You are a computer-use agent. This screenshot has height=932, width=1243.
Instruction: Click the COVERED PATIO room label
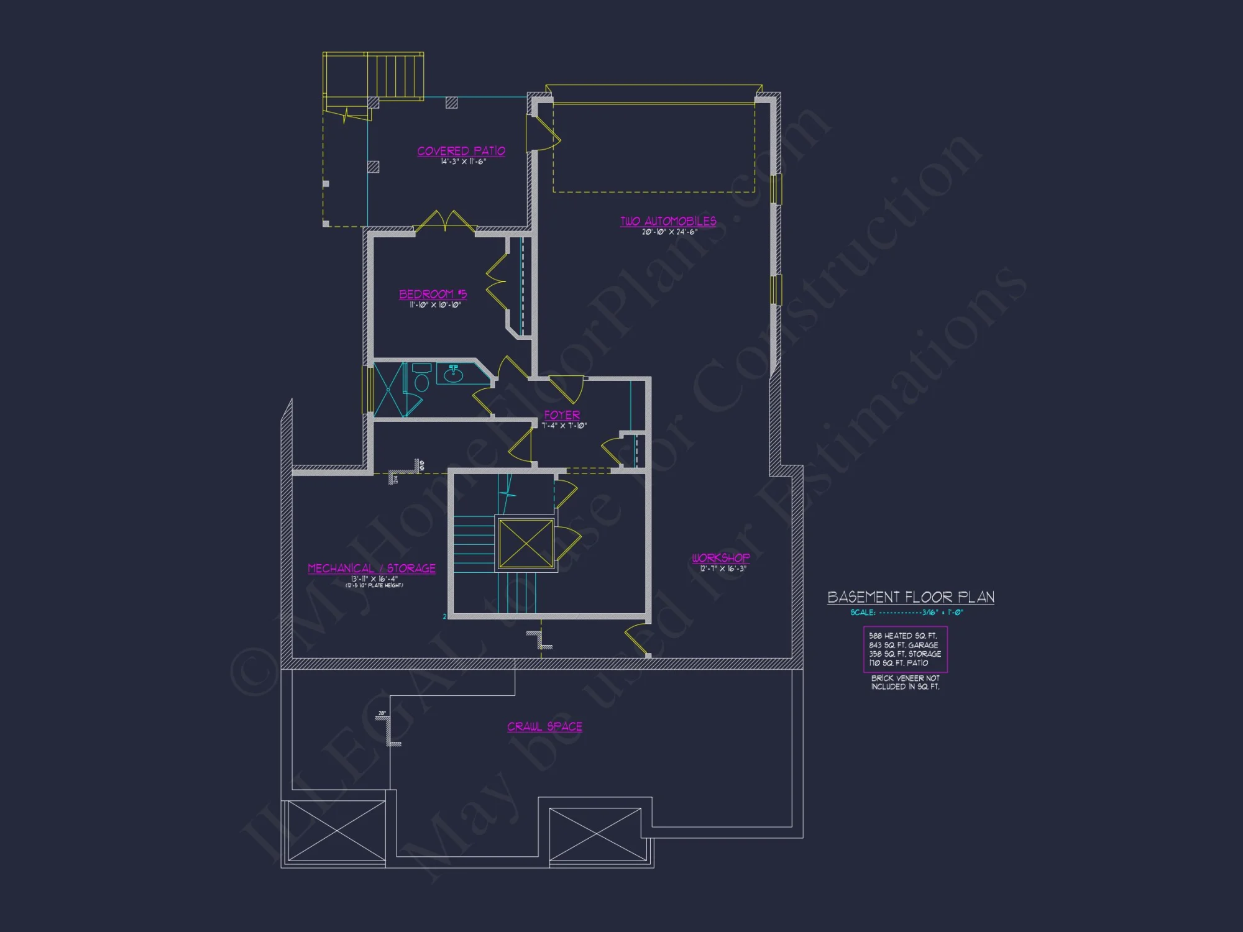click(x=461, y=151)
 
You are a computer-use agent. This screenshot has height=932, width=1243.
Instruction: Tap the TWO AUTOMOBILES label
click(x=668, y=221)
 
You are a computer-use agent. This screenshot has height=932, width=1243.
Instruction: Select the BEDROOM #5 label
click(x=433, y=294)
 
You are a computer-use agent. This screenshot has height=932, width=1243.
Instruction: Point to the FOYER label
click(x=562, y=415)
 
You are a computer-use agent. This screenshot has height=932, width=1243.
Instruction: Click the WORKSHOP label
click(x=721, y=558)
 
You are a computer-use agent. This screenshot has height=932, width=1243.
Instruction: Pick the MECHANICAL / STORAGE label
click(x=372, y=569)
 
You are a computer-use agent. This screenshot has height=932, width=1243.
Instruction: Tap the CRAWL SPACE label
click(x=544, y=726)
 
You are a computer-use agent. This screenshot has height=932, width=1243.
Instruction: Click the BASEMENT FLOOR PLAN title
click(x=910, y=597)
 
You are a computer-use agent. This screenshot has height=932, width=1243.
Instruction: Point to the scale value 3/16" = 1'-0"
click(x=942, y=613)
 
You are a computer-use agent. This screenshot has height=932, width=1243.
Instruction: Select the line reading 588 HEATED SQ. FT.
click(x=902, y=636)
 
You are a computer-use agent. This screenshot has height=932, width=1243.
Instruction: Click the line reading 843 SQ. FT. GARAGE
click(x=903, y=645)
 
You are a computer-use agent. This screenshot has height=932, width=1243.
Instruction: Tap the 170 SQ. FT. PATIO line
click(x=898, y=663)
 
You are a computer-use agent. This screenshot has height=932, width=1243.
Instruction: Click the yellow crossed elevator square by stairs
click(x=526, y=544)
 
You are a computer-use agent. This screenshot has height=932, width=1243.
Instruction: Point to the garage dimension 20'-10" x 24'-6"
click(x=669, y=232)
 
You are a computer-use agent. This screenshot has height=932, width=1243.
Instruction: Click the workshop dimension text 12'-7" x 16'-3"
click(x=723, y=569)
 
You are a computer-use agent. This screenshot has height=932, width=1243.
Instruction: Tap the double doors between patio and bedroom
click(x=445, y=222)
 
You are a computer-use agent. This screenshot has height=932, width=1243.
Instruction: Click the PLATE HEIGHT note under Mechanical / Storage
click(x=374, y=585)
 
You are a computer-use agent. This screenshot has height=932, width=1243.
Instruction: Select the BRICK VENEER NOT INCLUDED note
click(x=905, y=682)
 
